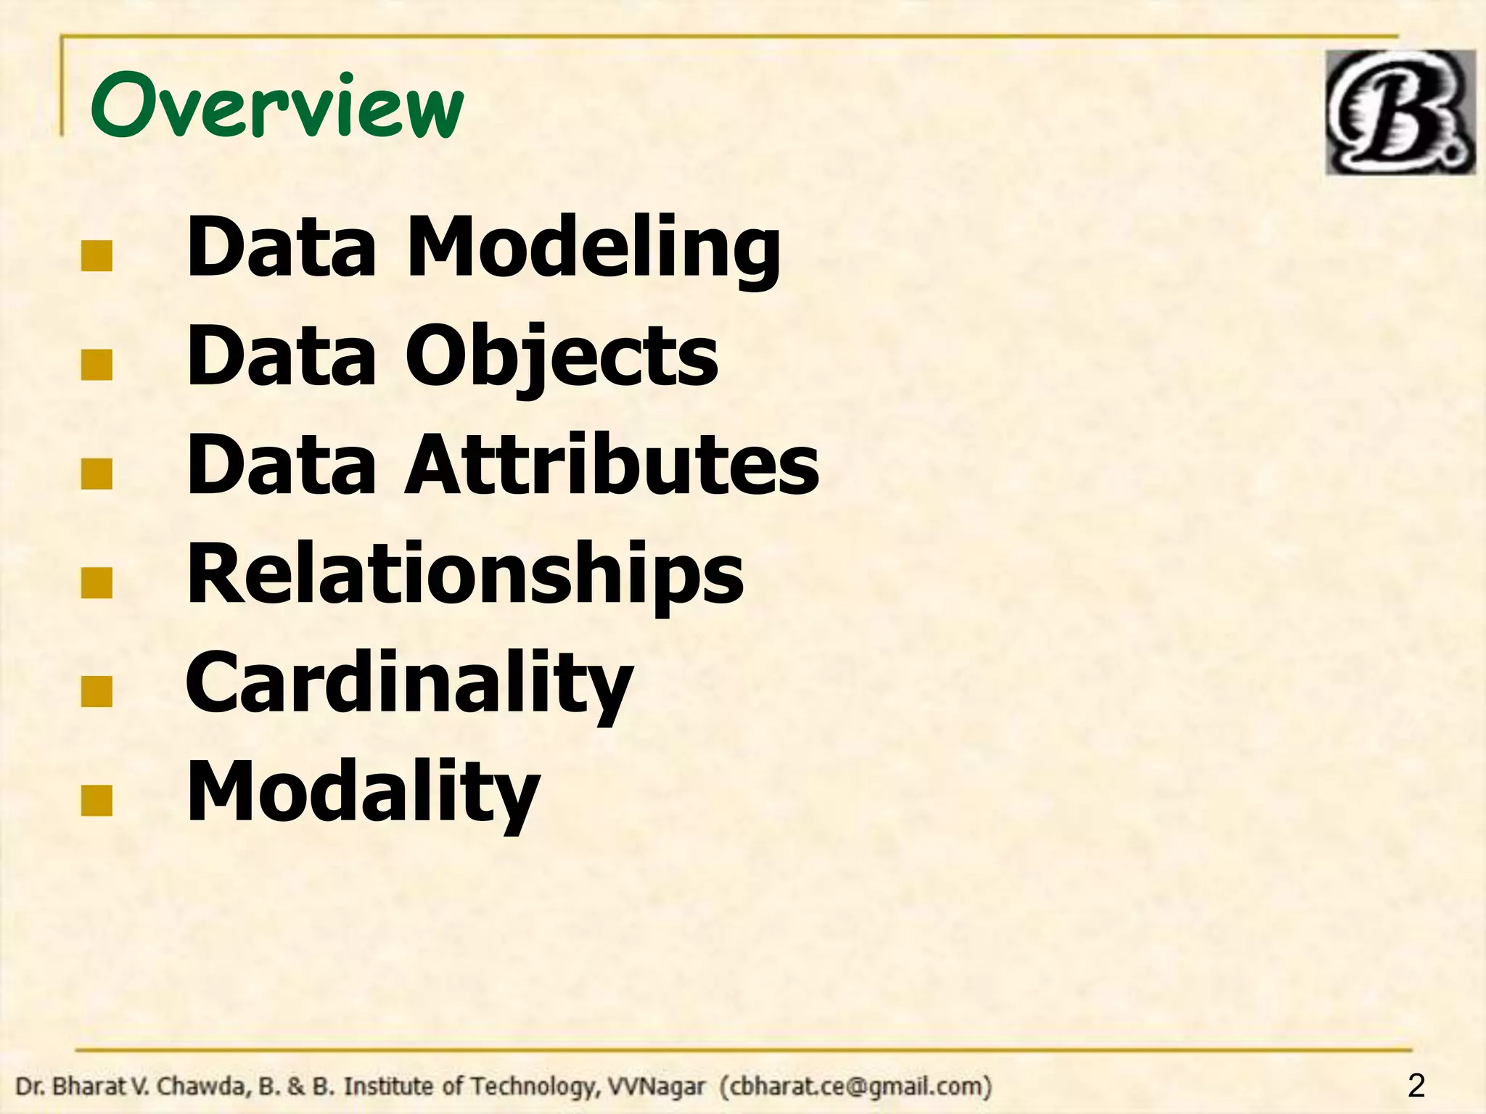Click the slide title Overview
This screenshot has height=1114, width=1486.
click(x=276, y=107)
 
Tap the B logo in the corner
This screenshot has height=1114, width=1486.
click(x=1400, y=112)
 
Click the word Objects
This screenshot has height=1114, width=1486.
click(x=562, y=357)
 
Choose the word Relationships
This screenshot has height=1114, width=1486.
click(x=465, y=574)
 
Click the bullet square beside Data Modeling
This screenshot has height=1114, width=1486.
click(x=97, y=257)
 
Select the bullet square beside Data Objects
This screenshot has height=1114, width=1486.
click(x=97, y=366)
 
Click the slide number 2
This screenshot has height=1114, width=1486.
click(x=1416, y=1086)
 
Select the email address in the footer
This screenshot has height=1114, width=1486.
click(x=855, y=1086)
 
